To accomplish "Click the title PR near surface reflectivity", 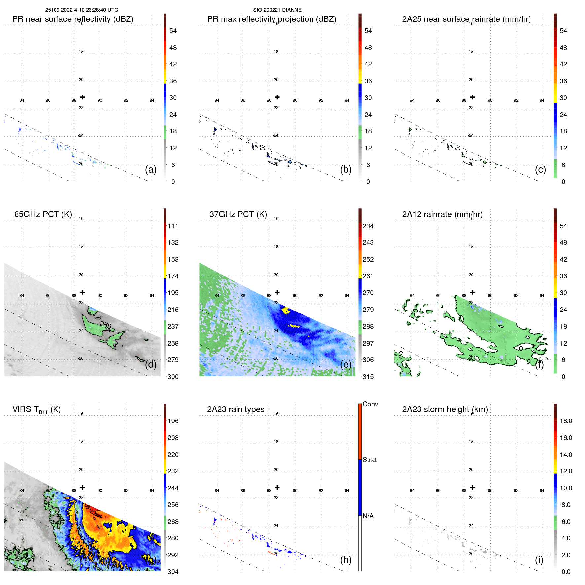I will [73, 19].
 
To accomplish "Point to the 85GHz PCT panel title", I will [43, 214].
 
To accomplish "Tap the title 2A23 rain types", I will [236, 409].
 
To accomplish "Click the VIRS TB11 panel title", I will [36, 410].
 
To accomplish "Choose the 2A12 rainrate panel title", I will [442, 214].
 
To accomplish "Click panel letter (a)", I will [151, 170].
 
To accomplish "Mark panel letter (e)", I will [346, 365].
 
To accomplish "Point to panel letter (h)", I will [346, 560].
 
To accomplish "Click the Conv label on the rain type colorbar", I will [370, 404].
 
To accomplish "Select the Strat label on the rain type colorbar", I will [369, 460].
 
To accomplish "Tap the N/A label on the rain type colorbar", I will [368, 516].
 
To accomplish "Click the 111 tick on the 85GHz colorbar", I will [173, 226].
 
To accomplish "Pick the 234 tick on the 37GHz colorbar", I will [368, 226].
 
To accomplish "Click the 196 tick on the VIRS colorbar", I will [173, 421].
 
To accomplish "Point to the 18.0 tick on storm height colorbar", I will [566, 421].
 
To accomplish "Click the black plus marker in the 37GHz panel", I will [277, 292].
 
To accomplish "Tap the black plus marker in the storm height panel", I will [472, 487].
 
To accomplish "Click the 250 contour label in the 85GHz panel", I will [106, 325].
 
